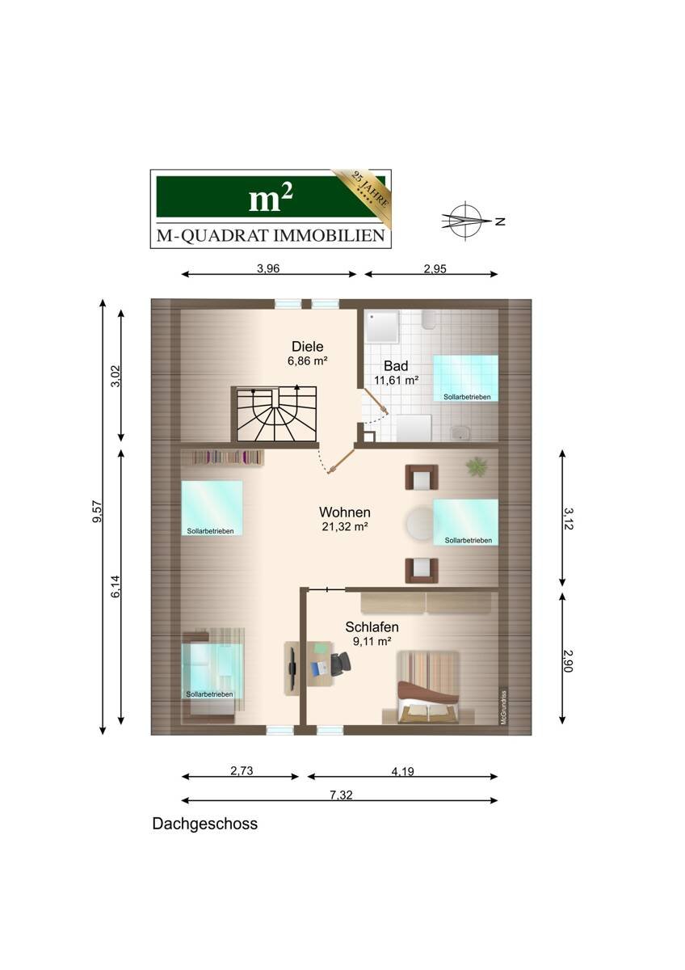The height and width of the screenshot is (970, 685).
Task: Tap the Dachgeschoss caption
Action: click(204, 823)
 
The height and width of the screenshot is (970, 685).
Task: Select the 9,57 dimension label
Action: click(98, 512)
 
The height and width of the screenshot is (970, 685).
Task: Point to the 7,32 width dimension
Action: click(341, 795)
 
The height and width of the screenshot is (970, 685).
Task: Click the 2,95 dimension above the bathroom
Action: click(435, 269)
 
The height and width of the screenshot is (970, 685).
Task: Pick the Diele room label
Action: click(307, 347)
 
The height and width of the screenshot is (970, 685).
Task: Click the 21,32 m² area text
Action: click(345, 527)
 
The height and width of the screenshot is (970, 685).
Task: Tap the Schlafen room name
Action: click(372, 627)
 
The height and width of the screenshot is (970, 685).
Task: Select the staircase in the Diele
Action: click(276, 414)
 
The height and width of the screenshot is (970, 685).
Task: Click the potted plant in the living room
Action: click(477, 466)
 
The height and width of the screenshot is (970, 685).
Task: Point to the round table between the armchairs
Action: click(420, 523)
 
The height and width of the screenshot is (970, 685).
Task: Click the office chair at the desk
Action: click(341, 664)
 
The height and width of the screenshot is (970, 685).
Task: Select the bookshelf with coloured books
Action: click(227, 458)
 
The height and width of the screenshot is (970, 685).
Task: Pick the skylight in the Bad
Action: click(465, 378)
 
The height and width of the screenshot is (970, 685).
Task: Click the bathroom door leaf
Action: click(375, 399)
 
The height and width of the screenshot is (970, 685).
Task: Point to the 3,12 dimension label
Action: click(568, 519)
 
